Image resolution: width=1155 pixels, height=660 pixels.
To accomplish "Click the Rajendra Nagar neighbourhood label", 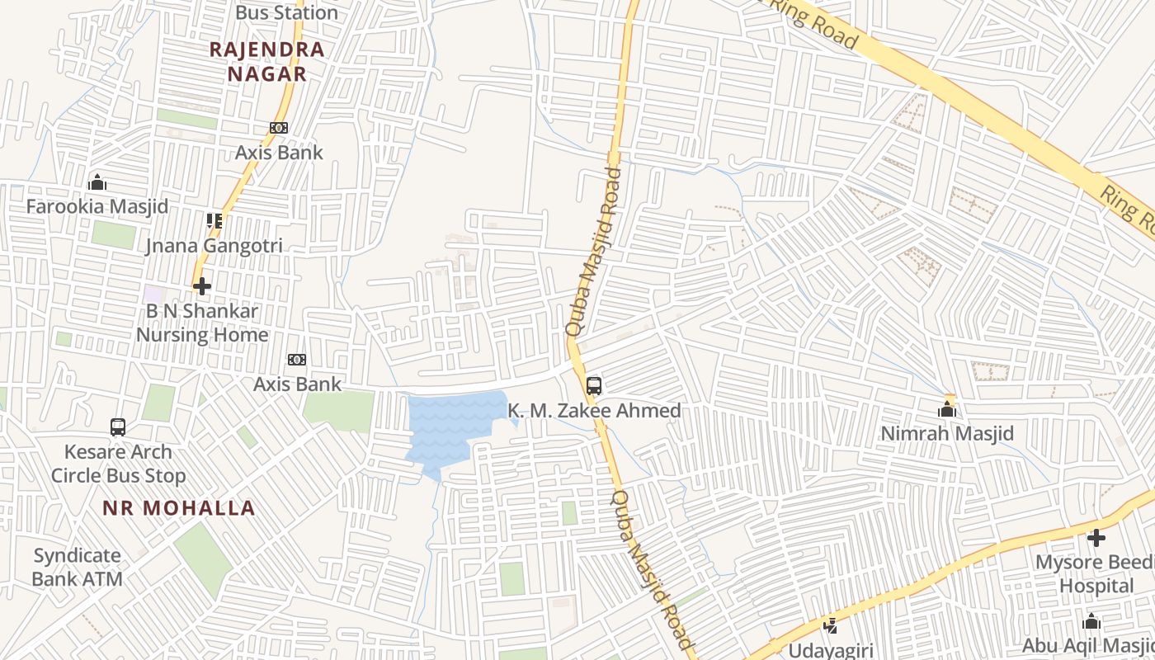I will pos(266,61).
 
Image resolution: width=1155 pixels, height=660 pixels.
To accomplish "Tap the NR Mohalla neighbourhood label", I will pos(179,507).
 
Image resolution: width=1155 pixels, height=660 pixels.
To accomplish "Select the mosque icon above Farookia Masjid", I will pos(97,182).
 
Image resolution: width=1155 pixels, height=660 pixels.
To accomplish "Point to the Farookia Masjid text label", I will pos(97,206).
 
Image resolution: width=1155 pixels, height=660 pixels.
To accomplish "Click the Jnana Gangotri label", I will pos(214,245).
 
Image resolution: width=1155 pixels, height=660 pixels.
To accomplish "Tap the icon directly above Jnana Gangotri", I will pos(214,221).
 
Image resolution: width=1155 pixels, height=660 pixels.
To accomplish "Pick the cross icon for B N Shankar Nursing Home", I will pos(202,286).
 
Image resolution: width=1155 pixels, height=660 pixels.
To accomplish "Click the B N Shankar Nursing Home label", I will pos(202,323).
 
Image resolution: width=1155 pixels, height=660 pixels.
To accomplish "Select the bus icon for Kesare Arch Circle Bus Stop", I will pos(118,427).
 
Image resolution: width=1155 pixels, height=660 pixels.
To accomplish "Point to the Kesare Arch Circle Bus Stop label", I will pos(118,464).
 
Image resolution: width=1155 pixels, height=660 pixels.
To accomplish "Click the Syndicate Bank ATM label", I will pos(78,567).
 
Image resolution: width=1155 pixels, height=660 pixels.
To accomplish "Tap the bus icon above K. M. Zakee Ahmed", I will pos(594,385).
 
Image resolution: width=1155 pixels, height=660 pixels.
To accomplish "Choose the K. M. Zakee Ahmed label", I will pos(594,410).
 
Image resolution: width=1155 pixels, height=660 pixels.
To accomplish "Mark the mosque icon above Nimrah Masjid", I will pos(947,409).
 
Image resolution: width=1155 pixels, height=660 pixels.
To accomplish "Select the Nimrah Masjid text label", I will pos(947,433).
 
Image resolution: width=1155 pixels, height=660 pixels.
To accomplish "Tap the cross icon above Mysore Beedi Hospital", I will pos(1096,538).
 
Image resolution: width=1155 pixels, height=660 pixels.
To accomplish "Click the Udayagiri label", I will pos(831,650).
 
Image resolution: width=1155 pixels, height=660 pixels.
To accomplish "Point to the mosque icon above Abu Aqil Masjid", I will pos(1091,622).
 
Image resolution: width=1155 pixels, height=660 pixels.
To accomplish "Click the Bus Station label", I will pos(286,12).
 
